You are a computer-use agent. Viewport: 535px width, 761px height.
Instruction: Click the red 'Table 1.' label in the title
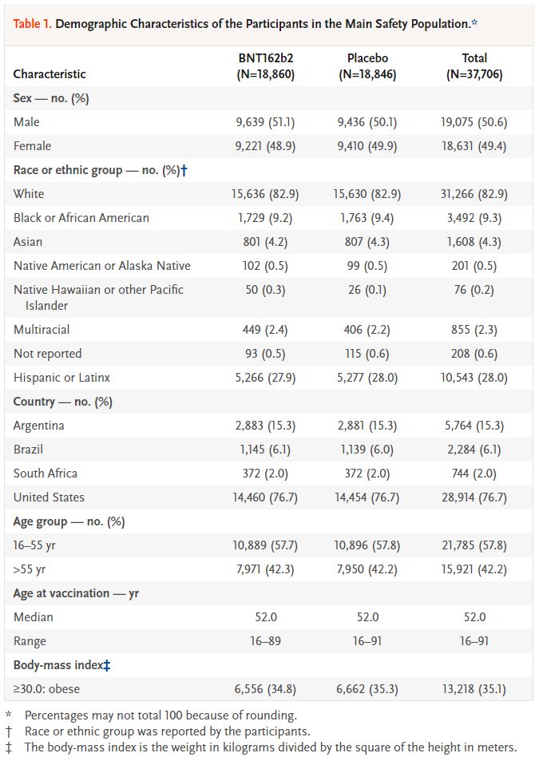32,24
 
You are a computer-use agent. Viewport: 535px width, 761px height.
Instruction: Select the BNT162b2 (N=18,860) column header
266,66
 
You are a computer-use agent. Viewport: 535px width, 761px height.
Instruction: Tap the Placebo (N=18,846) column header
367,66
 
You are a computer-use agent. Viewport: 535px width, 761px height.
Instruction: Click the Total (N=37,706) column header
474,66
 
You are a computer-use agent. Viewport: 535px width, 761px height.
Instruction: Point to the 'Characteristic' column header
50,73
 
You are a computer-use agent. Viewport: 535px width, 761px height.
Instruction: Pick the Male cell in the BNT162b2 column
266,122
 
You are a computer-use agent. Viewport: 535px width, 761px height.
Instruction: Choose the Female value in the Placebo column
367,146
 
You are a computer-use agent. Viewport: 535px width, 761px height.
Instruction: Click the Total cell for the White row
474,194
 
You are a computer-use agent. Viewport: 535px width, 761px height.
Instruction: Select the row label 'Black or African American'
81,218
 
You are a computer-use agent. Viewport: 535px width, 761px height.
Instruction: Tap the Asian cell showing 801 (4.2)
266,242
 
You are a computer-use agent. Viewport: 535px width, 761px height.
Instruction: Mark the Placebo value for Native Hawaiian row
367,290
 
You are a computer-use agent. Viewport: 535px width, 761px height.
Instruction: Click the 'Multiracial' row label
42,330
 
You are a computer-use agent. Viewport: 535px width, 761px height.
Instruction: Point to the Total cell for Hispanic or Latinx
474,378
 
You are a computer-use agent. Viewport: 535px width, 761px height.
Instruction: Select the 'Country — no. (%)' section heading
62,402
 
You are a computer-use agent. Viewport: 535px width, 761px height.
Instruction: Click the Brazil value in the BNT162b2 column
266,450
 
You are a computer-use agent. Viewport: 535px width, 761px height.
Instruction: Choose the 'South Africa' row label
46,474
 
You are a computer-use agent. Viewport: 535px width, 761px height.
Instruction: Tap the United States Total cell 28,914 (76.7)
474,497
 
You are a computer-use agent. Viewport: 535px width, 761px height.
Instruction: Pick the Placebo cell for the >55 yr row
367,569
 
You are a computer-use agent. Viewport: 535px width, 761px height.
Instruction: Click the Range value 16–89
266,641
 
